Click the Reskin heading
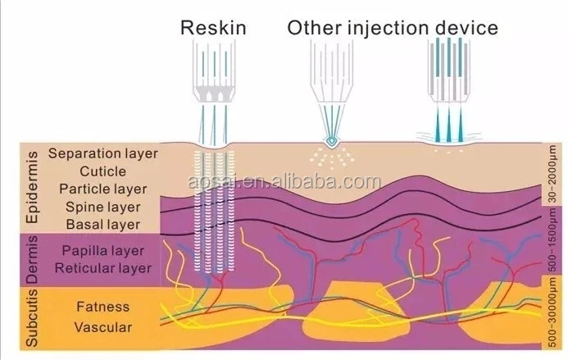[214, 28]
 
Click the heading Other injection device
[392, 28]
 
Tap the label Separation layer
[102, 153]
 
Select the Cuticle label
[102, 171]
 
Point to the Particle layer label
[102, 189]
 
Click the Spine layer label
[102, 207]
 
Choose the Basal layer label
[102, 224]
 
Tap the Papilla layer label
[102, 250]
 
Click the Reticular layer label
[102, 267]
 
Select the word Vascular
[102, 326]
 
